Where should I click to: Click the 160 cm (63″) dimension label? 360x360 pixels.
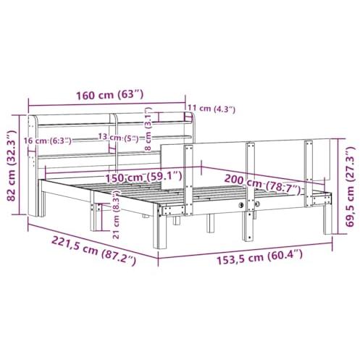(x=110, y=95)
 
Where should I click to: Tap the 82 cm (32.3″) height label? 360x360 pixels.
(x=11, y=166)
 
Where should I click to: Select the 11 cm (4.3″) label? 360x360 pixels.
(x=212, y=109)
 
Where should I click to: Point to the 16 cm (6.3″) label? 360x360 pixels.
(x=48, y=141)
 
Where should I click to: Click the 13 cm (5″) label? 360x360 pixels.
(x=118, y=138)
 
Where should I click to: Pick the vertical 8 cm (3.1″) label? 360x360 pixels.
(x=148, y=129)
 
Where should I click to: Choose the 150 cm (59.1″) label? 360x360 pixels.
(x=143, y=177)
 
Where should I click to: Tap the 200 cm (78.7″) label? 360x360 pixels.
(x=263, y=185)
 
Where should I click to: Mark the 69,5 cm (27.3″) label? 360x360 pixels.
(x=349, y=186)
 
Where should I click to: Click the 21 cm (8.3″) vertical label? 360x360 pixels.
(x=116, y=214)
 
